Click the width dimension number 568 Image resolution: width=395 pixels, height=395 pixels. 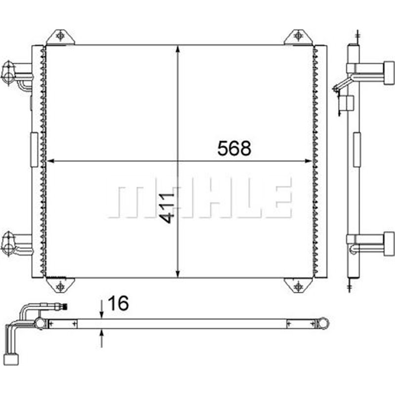tap(234, 148)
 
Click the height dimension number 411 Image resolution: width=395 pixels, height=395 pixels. tap(168, 208)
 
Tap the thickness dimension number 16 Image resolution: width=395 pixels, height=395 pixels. tap(118, 304)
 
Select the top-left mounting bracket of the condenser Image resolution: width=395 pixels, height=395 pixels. tap(60, 37)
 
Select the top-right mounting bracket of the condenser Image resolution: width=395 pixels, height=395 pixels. tap(298, 37)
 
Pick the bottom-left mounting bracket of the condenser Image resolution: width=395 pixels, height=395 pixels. tap(60, 285)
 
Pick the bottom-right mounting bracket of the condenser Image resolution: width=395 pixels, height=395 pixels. tap(298, 285)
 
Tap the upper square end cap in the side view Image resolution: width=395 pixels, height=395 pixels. tap(389, 73)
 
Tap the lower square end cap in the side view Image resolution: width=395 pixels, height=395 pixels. tap(389, 243)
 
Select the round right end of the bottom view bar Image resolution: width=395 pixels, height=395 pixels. tap(324, 324)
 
